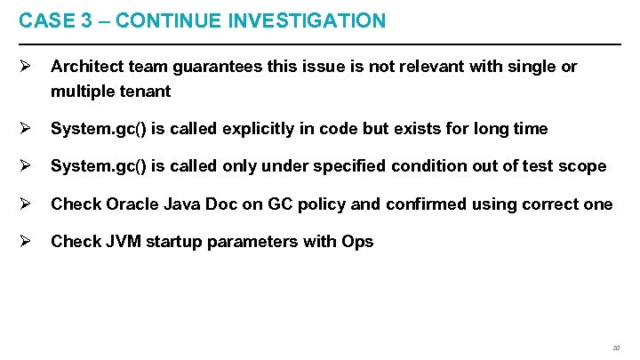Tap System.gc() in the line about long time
(98, 129)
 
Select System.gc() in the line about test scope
(98, 166)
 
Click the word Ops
(356, 242)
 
